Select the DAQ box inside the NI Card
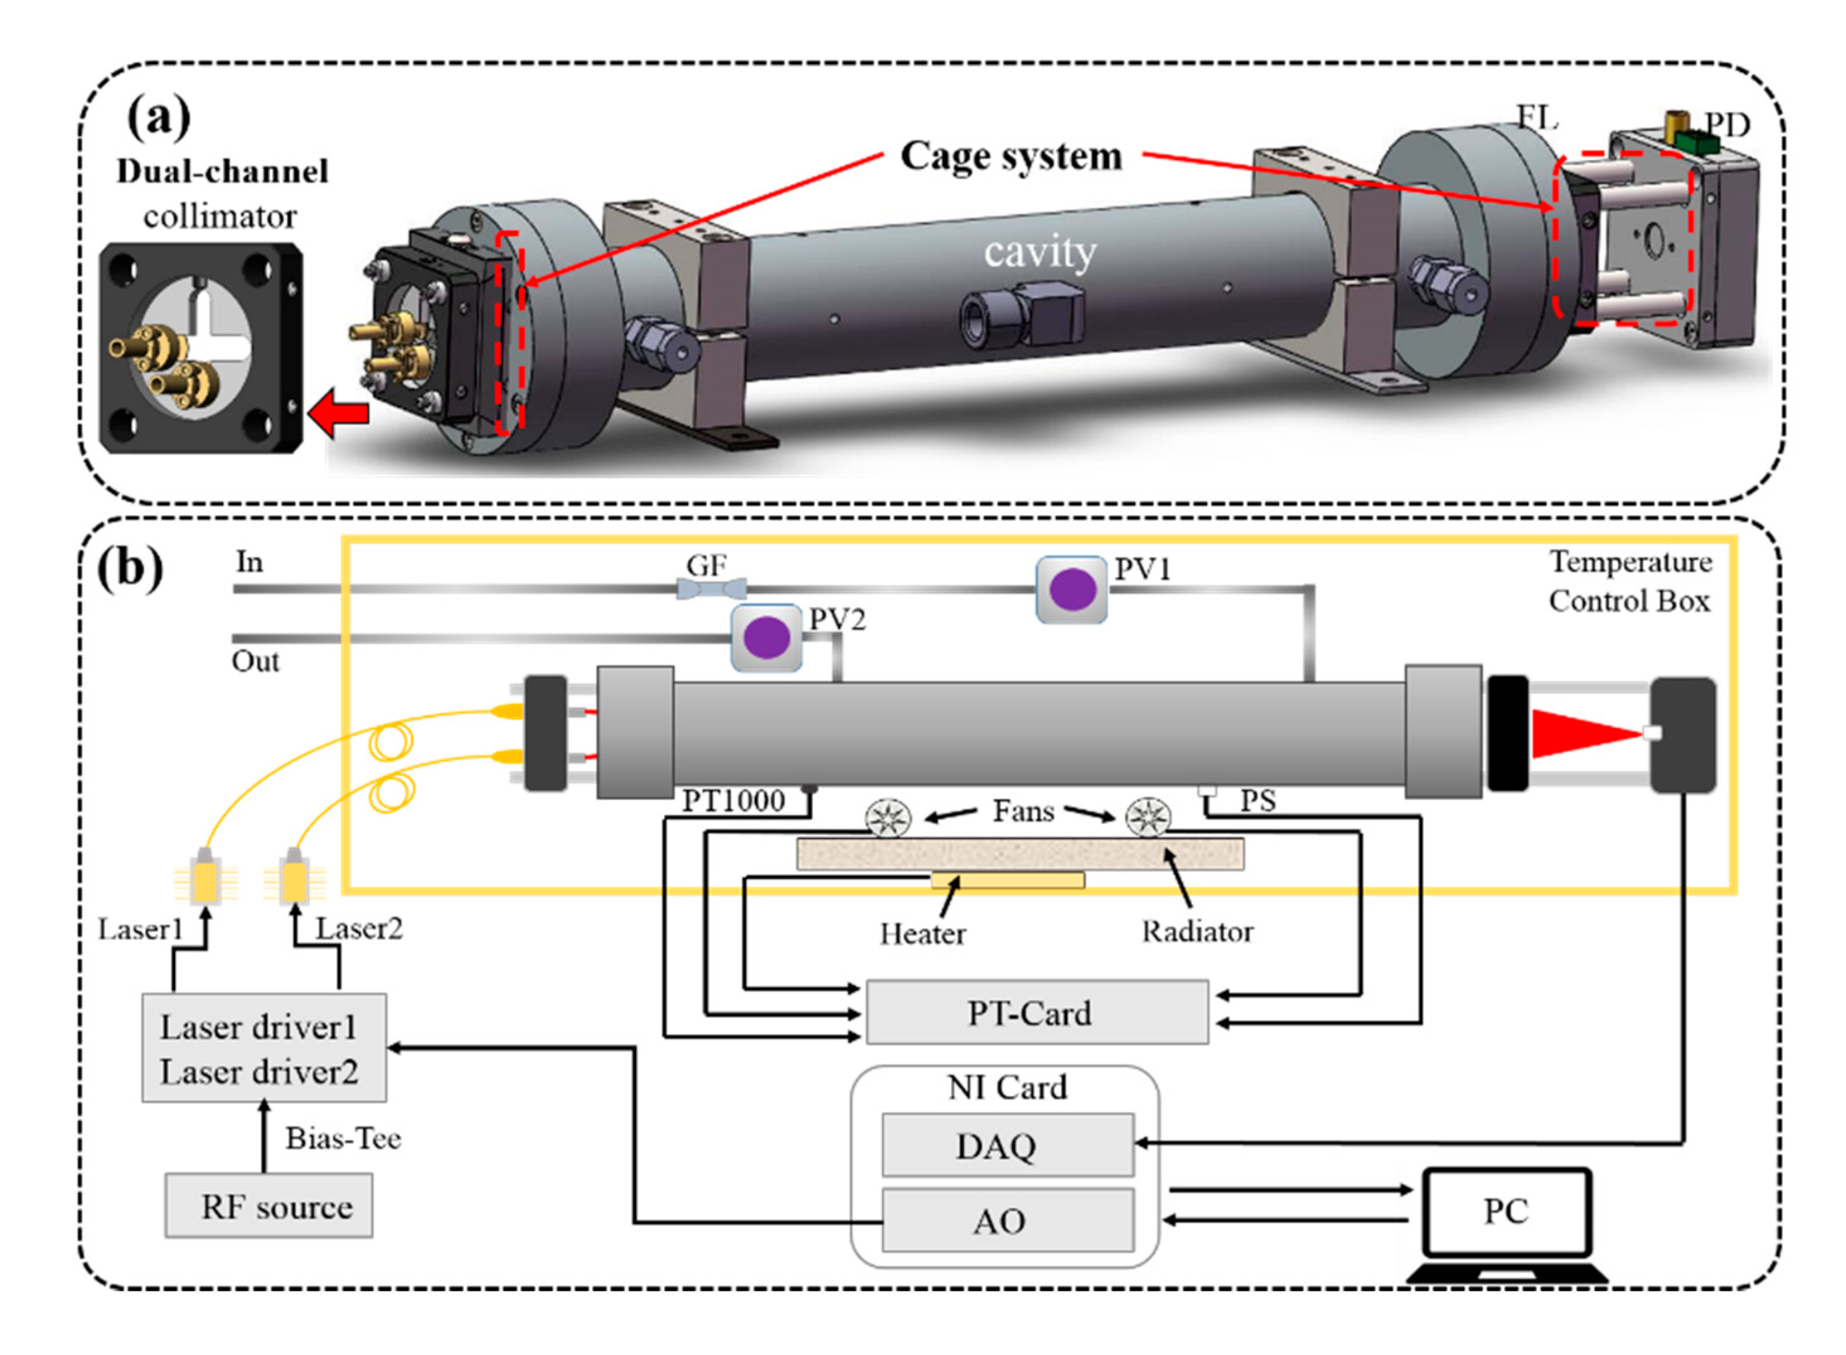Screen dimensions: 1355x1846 coord(1008,1145)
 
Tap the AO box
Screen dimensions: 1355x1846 coord(1008,1220)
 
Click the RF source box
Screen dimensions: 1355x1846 coord(269,1206)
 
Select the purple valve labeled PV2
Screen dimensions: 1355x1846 coord(766,638)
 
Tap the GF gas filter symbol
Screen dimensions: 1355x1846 coord(711,588)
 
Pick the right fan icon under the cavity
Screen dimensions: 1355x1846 coord(1148,817)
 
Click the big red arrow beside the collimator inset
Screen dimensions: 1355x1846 coord(338,415)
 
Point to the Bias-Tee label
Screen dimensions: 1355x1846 coord(343,1138)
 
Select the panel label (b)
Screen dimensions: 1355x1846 coord(130,567)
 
